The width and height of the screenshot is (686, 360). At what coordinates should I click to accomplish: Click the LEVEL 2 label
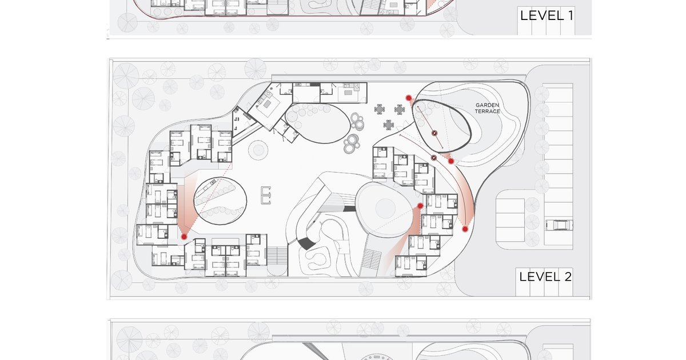point(545,277)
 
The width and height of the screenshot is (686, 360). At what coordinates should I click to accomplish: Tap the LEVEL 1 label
point(547,15)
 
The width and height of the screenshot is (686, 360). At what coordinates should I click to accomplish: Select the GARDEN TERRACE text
point(488,109)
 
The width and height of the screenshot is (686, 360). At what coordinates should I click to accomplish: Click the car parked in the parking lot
point(559,225)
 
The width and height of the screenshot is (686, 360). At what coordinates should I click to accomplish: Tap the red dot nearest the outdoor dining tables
point(409,98)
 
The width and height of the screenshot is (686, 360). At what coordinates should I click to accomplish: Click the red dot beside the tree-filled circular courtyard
point(184,237)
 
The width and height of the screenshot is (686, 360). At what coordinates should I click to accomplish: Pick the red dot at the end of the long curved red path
point(465,229)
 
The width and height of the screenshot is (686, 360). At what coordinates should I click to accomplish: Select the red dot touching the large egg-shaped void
point(420,206)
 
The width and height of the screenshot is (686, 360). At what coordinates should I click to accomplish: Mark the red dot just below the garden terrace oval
point(451,161)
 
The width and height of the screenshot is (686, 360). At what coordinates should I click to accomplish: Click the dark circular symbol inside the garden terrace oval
point(434,133)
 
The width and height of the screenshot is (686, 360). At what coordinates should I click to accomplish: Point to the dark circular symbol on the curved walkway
point(434,158)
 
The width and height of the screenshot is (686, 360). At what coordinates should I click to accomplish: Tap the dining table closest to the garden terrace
point(400,110)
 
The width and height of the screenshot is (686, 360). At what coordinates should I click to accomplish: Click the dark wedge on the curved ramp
point(306,243)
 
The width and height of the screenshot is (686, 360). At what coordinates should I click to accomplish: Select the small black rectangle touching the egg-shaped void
point(349,209)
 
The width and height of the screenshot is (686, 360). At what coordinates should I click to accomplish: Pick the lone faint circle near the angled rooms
point(258,150)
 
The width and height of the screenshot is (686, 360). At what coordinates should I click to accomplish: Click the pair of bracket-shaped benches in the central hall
point(266,195)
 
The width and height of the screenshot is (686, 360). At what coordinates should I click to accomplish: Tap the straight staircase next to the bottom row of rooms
point(277,256)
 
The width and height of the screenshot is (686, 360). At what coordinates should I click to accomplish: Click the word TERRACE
point(488,111)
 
